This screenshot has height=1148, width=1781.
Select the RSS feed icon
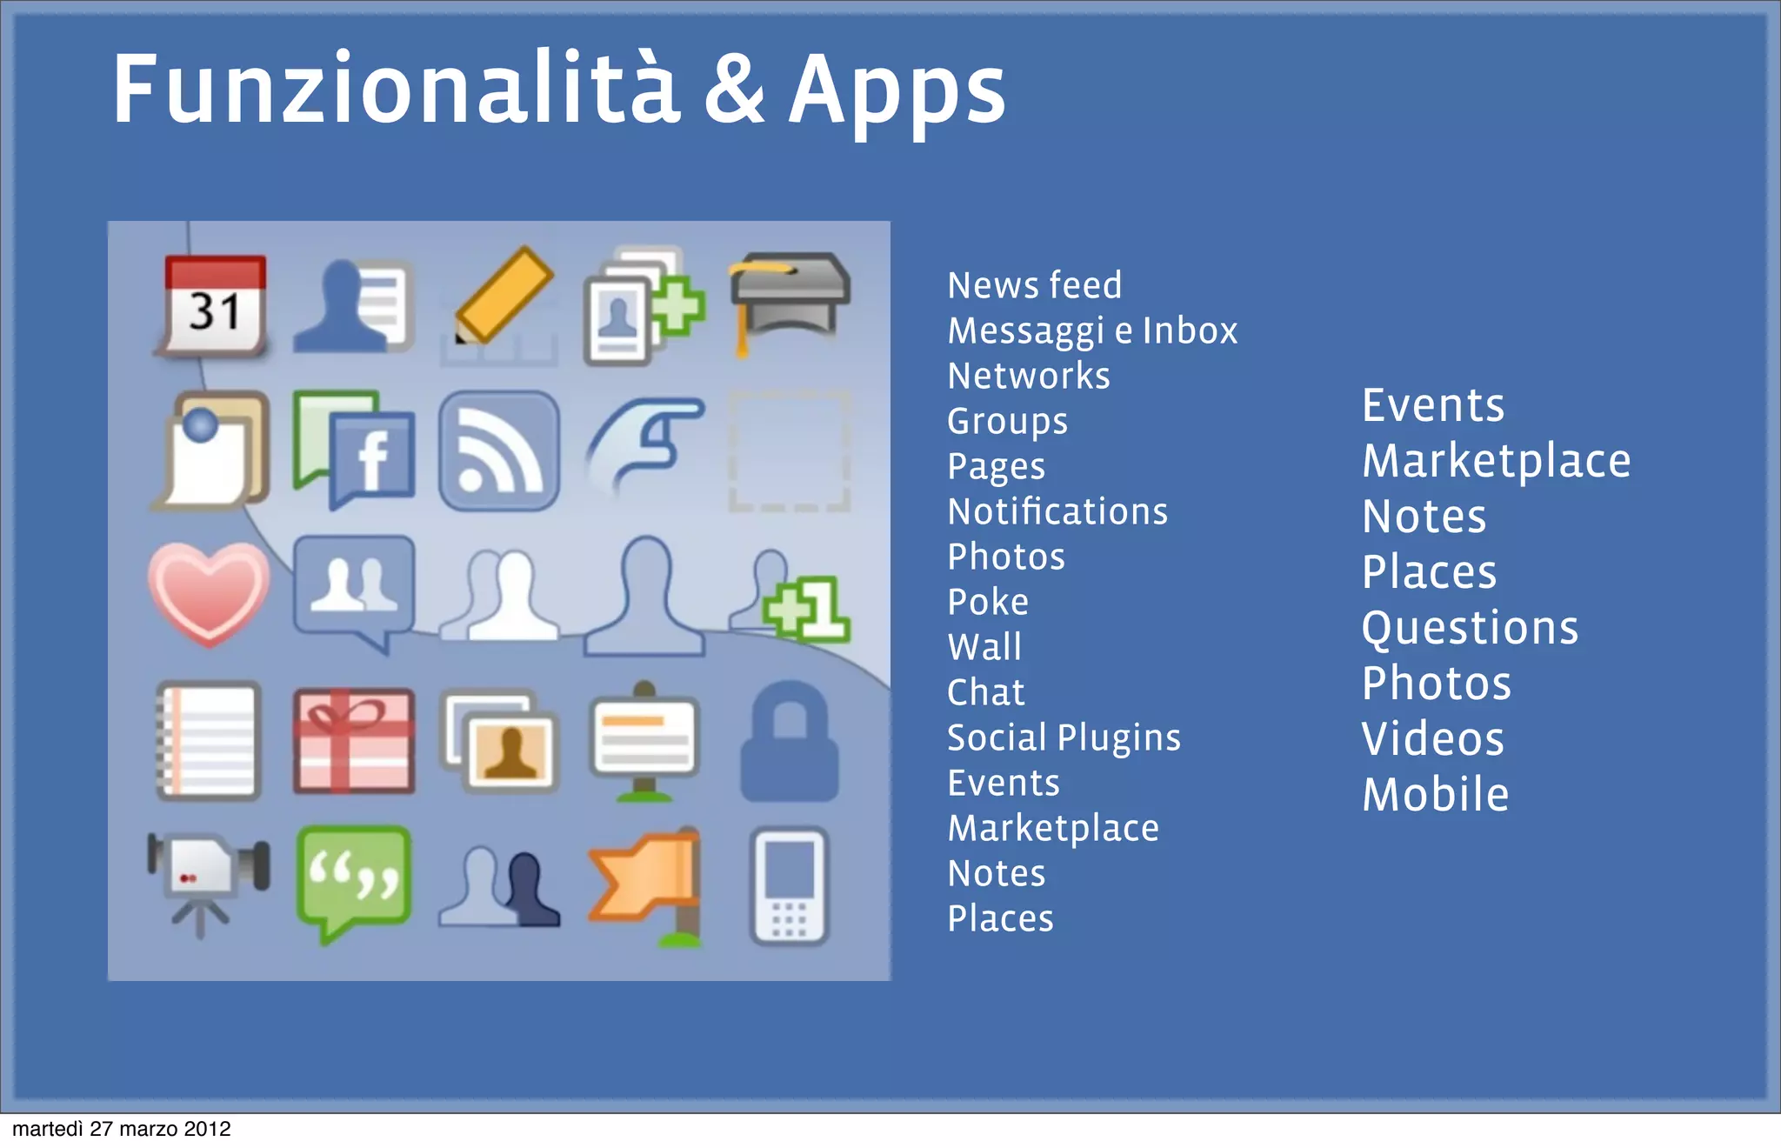pos(499,451)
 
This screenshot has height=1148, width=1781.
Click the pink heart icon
pos(209,592)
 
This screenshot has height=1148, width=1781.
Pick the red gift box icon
pos(353,741)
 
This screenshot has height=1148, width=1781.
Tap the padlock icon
pos(789,742)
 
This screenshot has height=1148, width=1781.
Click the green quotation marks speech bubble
pos(353,880)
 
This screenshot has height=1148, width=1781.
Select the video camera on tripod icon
pos(207,882)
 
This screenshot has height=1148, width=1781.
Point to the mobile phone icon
pos(788,885)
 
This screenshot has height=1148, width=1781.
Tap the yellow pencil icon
pos(503,297)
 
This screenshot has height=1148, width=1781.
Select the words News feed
pos(1034,285)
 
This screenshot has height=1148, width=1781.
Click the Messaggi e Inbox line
pos(1091,330)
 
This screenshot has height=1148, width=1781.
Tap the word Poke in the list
pos(987,602)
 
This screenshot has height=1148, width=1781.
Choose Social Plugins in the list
pos(1063,738)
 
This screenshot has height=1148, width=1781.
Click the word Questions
pos(1469,628)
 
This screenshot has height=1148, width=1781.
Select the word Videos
pos(1432,739)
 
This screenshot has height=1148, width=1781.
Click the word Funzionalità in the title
pos(396,90)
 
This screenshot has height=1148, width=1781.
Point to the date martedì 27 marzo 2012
pos(122,1129)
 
